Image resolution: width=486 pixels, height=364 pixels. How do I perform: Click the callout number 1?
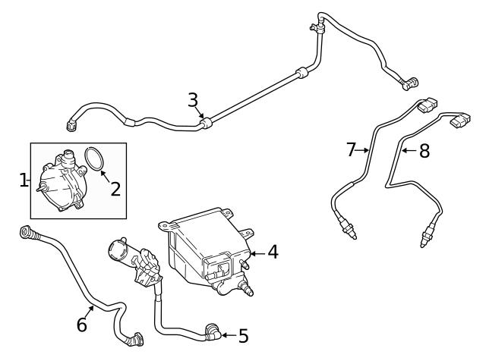click(23, 180)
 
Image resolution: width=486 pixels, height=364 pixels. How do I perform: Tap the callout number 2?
click(115, 189)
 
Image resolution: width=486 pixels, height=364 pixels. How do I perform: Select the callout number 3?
click(193, 100)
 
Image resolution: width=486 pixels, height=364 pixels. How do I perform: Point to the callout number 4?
click(273, 252)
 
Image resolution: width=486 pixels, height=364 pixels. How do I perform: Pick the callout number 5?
click(244, 336)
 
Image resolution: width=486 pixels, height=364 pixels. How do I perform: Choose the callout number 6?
click(82, 325)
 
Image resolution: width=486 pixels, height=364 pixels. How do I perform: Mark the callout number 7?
click(351, 150)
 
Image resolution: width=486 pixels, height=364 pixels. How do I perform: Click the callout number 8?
click(424, 151)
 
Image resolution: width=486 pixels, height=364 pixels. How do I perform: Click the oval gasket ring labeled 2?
click(94, 158)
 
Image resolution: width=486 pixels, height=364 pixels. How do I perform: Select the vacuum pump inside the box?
click(62, 181)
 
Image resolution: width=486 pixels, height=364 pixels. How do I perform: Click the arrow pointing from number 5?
click(229, 335)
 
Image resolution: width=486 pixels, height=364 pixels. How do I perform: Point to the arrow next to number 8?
click(409, 151)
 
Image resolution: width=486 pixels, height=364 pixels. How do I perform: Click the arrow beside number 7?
click(362, 150)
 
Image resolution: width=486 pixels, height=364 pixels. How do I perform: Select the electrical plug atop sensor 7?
click(428, 105)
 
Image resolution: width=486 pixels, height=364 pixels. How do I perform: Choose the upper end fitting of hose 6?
click(28, 233)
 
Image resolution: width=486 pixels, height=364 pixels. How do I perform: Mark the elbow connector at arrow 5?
click(213, 332)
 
